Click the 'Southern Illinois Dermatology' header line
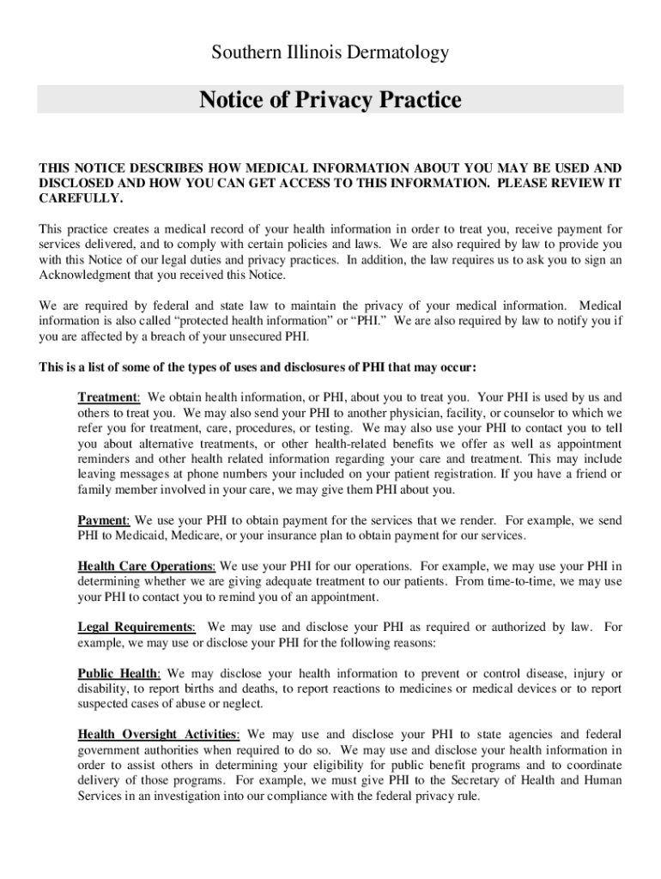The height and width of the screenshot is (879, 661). (330, 53)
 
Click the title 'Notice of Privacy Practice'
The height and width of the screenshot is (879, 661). (330, 100)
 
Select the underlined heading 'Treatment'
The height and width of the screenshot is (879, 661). (108, 397)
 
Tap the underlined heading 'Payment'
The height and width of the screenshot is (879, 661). (103, 520)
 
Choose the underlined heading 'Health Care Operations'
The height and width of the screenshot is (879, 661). (146, 567)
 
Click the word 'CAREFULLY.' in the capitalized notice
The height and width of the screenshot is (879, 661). (82, 198)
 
